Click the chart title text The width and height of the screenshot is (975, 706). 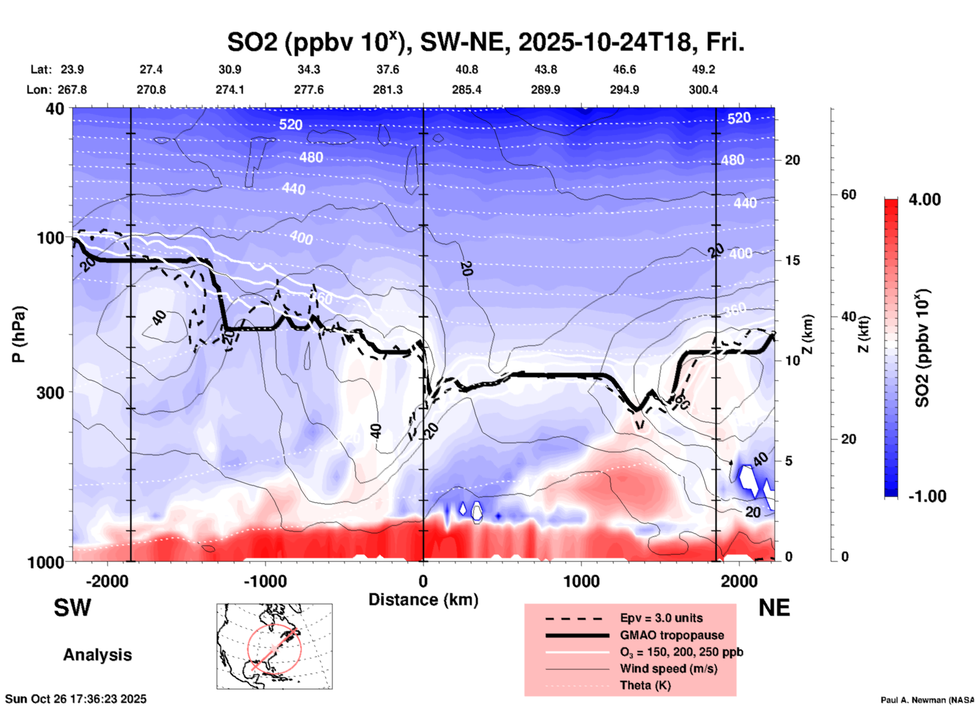[x=485, y=43]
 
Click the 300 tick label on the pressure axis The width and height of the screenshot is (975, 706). [x=51, y=393]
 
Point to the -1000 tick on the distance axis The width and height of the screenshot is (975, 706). [x=265, y=581]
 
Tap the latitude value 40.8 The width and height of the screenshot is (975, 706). [x=466, y=69]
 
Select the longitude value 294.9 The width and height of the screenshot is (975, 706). [x=624, y=90]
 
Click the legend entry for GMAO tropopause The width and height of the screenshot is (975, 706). [x=672, y=635]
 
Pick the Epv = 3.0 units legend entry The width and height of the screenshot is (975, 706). [x=661, y=618]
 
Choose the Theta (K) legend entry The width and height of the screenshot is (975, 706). [x=645, y=685]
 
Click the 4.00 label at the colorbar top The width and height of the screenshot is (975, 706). [x=924, y=200]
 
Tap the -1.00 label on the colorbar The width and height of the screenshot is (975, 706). [x=927, y=496]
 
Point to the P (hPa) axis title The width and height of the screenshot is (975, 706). [x=19, y=334]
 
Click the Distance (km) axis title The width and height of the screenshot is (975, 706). [x=423, y=600]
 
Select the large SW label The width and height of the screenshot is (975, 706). [x=72, y=608]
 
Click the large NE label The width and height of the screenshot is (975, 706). [x=774, y=608]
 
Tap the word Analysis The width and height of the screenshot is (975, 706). [x=97, y=655]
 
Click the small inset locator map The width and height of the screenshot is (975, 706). [x=274, y=646]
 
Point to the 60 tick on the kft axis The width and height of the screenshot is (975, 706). [x=848, y=194]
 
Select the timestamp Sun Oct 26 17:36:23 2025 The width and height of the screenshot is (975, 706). [x=76, y=699]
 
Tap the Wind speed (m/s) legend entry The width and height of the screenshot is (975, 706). [x=668, y=669]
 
